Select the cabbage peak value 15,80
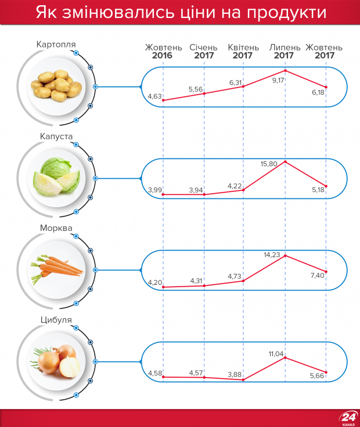(269, 164)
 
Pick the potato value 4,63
(155, 95)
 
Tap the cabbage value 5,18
(319, 190)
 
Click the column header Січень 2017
(204, 52)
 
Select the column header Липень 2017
(284, 52)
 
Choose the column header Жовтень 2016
(163, 52)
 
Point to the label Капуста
(56, 137)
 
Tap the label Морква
(56, 228)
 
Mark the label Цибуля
(56, 319)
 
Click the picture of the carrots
(56, 269)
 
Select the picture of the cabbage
(57, 178)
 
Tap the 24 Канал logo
(349, 418)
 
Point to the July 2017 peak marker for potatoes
(285, 71)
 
